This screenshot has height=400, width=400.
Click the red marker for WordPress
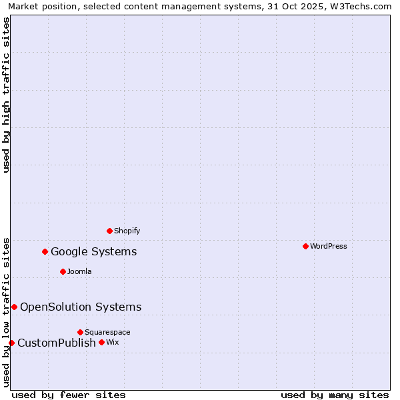[x=305, y=246]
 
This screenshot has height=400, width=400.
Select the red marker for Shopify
[x=109, y=231]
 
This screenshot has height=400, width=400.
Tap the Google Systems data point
[x=45, y=251]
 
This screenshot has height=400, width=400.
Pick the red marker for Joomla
[x=63, y=271]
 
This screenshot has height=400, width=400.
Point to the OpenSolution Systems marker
[x=14, y=307]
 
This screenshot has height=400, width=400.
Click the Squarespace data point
[x=80, y=332]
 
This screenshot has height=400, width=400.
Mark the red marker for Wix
[x=101, y=342]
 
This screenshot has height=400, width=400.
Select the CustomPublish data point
[x=11, y=343]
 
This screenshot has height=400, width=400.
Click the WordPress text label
[x=329, y=246]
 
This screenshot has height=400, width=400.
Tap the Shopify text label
[x=127, y=231]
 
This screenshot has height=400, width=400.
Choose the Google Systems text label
[x=94, y=251]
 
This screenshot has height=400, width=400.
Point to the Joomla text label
[x=79, y=271]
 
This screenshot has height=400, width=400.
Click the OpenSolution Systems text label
[x=81, y=307]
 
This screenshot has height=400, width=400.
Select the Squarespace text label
[x=107, y=332]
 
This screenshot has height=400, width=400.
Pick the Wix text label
[x=112, y=342]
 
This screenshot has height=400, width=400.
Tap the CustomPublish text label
[x=57, y=343]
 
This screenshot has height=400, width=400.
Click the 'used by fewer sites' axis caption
[x=69, y=395]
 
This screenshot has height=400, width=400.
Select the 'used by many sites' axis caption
[x=335, y=395]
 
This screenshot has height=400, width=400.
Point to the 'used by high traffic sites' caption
[x=6, y=95]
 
